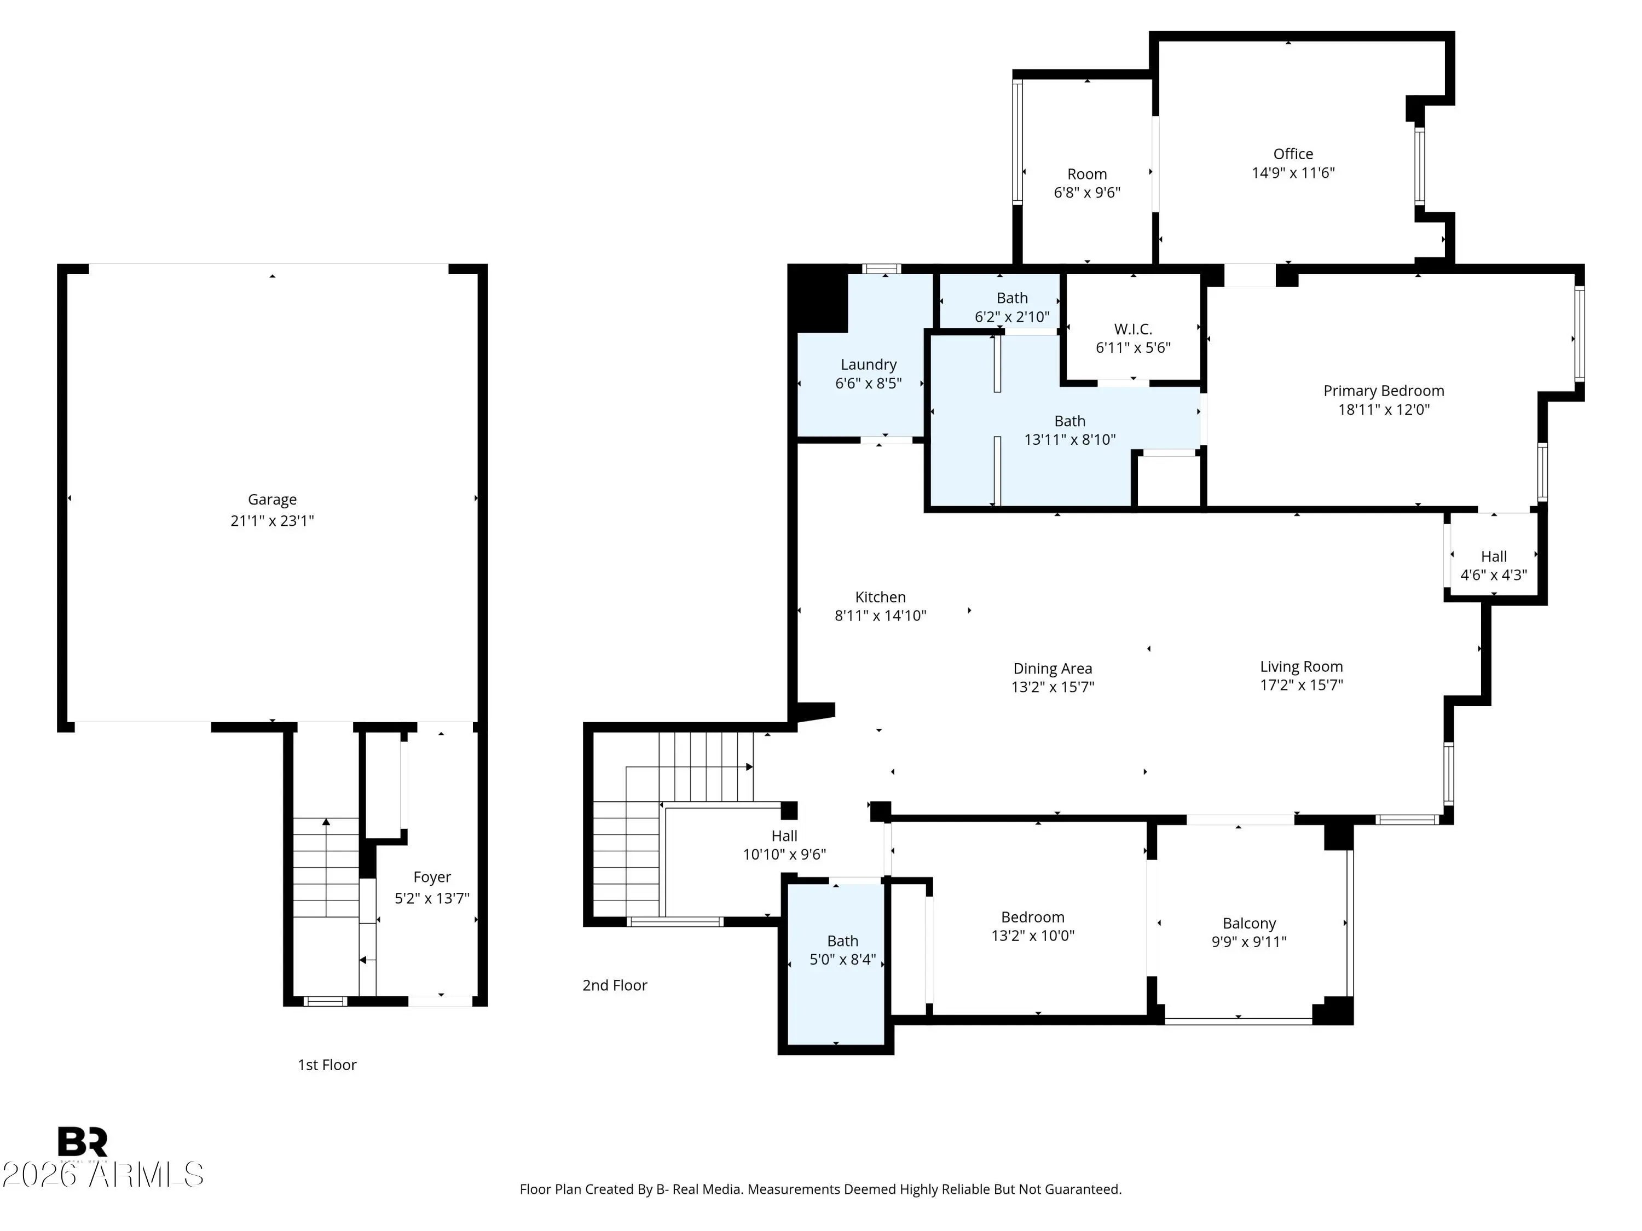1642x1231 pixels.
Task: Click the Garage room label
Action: tap(273, 500)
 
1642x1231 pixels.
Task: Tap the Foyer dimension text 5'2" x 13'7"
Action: tap(432, 898)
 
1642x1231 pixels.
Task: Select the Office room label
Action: tap(1293, 154)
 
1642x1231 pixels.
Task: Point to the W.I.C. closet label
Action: tap(1133, 329)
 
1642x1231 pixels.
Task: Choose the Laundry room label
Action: tap(869, 364)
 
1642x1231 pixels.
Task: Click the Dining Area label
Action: tap(1053, 669)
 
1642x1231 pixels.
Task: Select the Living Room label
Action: tap(1301, 667)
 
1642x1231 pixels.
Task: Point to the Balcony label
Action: tap(1250, 923)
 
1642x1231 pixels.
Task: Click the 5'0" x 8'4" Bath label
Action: tap(842, 941)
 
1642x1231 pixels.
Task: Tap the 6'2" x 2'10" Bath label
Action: tap(1012, 298)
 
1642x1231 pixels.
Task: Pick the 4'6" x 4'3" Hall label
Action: tap(1494, 556)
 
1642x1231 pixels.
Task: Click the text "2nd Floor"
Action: tap(615, 985)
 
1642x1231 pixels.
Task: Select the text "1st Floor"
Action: tap(327, 1065)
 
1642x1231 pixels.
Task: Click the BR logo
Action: tap(83, 1142)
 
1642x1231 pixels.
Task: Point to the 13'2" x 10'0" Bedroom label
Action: tap(1033, 917)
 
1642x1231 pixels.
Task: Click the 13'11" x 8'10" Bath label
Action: tap(1069, 421)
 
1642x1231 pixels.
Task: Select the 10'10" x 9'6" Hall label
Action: tap(785, 836)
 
